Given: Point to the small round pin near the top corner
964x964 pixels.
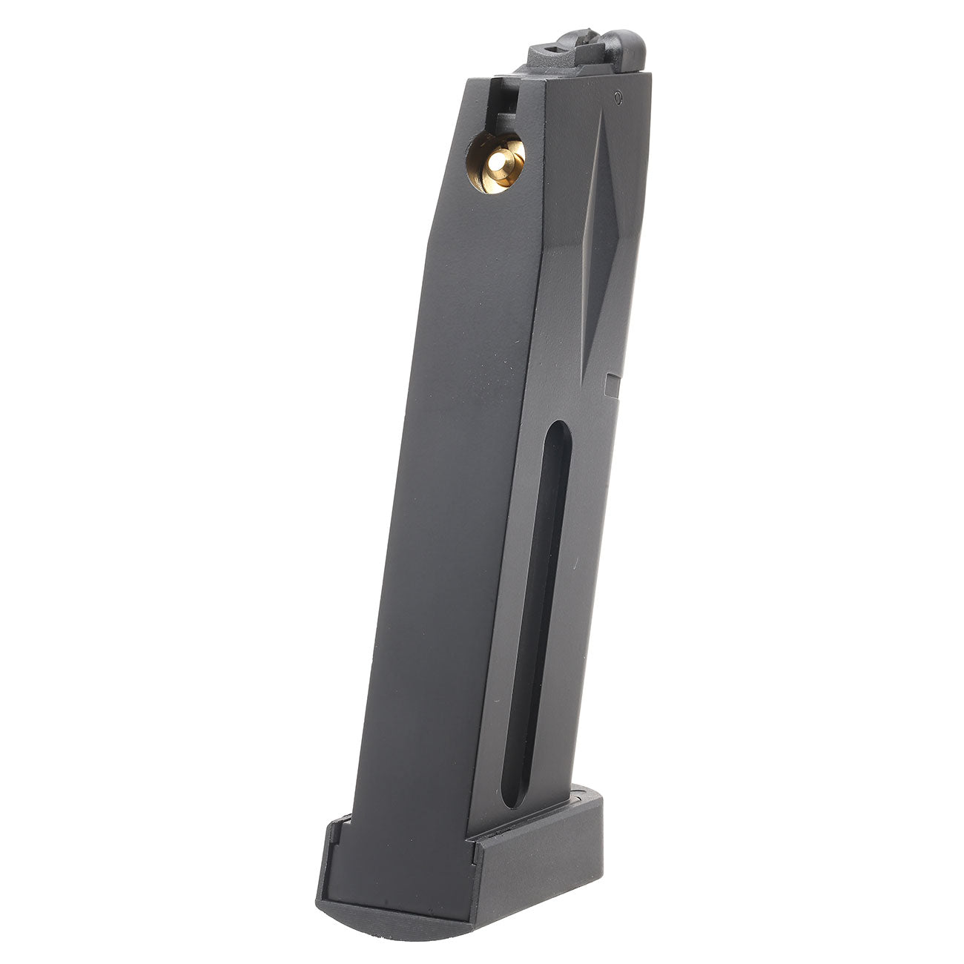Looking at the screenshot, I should [x=616, y=96].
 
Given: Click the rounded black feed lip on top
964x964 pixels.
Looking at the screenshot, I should [x=626, y=47].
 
